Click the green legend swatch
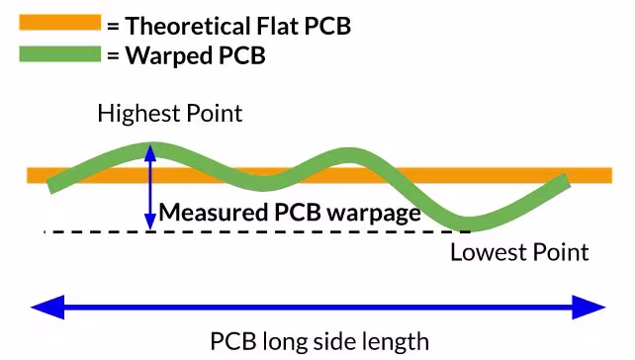click(x=59, y=53)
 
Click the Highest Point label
click(x=169, y=114)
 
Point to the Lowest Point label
click(x=519, y=252)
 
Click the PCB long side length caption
click(x=319, y=342)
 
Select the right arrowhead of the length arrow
click(x=590, y=307)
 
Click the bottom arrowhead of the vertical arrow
click(x=149, y=225)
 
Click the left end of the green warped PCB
click(x=53, y=185)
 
